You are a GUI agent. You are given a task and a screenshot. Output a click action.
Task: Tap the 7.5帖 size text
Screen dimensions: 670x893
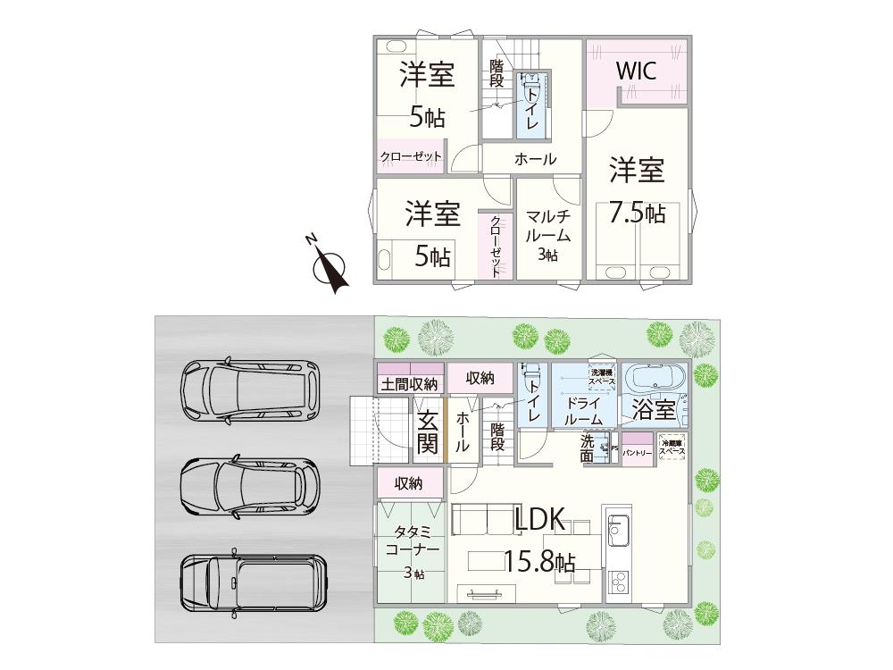[637, 213]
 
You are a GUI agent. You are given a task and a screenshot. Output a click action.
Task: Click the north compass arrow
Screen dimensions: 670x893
[331, 269]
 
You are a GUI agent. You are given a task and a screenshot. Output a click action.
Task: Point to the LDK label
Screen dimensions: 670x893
[540, 520]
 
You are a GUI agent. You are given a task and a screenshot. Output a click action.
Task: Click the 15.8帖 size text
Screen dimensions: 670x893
[538, 562]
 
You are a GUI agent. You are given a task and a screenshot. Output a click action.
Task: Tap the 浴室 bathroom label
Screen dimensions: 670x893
[655, 411]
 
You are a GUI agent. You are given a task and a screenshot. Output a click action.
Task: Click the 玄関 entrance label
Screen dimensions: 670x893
[427, 431]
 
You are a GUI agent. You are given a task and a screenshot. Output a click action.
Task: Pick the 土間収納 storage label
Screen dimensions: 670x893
[410, 385]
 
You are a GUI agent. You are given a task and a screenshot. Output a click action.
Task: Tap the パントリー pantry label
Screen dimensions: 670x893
[637, 454]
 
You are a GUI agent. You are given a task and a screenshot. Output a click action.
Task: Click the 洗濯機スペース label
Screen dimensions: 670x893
[601, 377]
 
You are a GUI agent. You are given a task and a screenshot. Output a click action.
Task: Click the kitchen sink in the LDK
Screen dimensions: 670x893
[618, 532]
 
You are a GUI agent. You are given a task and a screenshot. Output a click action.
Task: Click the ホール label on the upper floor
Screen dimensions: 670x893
[535, 160]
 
